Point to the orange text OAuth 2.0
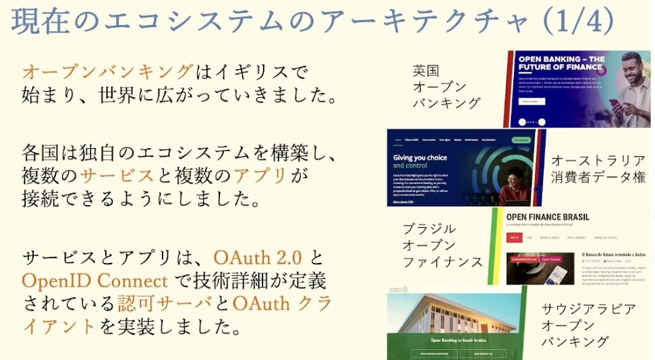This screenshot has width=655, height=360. click(x=258, y=258)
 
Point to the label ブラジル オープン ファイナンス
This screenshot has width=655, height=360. click(x=442, y=245)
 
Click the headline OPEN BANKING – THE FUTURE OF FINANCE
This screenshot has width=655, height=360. click(x=561, y=63)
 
